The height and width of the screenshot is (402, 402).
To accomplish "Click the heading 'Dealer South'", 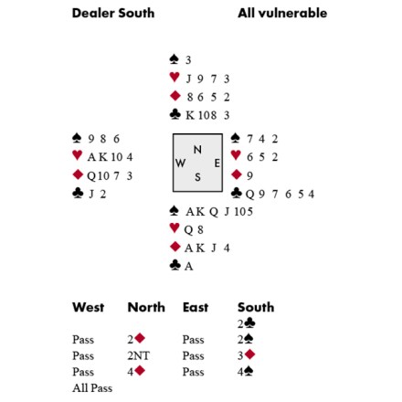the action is click(x=113, y=14).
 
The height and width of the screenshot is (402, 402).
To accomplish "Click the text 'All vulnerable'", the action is click(x=282, y=13).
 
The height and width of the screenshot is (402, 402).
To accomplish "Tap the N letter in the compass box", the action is click(x=197, y=150).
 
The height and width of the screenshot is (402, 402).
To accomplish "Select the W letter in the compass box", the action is click(x=180, y=164).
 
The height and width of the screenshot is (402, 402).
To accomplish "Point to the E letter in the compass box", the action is click(x=217, y=164).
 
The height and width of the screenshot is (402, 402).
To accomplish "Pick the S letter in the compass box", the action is click(x=197, y=177).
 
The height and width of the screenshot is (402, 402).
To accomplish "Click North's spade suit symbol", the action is click(x=174, y=59).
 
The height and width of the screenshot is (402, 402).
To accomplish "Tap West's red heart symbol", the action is click(x=78, y=155).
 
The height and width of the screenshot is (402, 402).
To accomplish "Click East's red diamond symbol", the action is click(x=237, y=175).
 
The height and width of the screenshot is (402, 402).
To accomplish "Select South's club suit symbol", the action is click(x=175, y=265).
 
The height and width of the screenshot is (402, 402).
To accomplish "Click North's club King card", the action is click(x=190, y=115).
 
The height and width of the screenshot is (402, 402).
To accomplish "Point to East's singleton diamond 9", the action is click(x=249, y=175).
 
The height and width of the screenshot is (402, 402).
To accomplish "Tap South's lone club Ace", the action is click(x=188, y=266).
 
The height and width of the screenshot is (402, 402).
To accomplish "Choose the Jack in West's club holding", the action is click(x=91, y=194).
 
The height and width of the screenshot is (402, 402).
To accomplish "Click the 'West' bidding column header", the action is click(x=89, y=307).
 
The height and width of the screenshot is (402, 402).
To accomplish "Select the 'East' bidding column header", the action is click(x=196, y=307).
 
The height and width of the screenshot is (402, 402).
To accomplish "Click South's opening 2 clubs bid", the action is click(x=247, y=323).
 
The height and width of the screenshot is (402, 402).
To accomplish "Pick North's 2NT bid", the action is click(x=139, y=355).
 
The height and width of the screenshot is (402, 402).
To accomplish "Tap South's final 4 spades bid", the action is click(x=246, y=372).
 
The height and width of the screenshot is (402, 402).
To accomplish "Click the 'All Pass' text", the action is click(x=92, y=388).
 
